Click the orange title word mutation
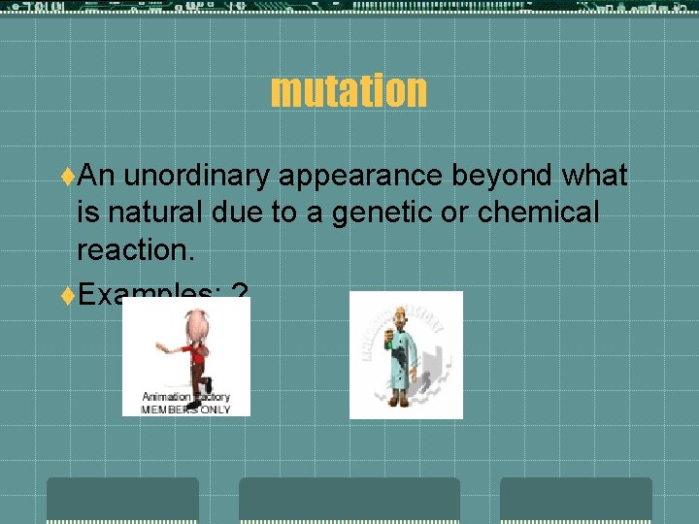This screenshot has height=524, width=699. [x=349, y=90]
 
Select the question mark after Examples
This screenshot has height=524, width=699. [x=241, y=292]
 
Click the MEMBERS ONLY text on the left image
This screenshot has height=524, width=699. [x=185, y=409]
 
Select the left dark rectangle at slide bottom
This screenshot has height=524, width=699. [x=122, y=500]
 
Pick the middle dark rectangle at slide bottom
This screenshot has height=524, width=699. [x=349, y=500]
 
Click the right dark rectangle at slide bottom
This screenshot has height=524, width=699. [x=576, y=500]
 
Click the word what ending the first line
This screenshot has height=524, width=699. [x=593, y=175]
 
